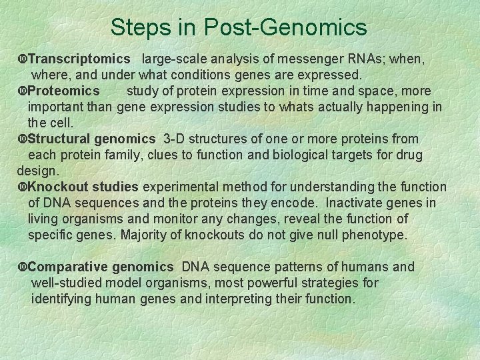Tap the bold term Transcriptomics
[x=79, y=59]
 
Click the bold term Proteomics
[x=64, y=91]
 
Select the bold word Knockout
[x=55, y=187]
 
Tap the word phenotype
[x=374, y=235]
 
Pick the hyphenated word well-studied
[x=67, y=283]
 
